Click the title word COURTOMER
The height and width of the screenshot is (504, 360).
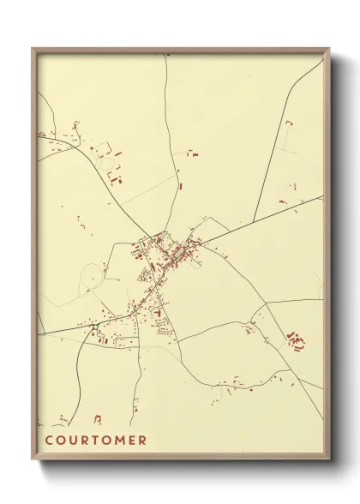[x=95, y=441]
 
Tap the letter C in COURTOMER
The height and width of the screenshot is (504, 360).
[x=48, y=441]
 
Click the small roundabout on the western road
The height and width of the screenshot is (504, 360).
[x=94, y=326]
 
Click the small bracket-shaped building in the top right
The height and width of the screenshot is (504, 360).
[x=288, y=124]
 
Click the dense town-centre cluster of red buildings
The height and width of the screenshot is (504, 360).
[x=171, y=253]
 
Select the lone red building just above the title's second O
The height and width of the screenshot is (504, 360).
[x=98, y=418]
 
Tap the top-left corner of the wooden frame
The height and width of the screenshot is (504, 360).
[x=33, y=50]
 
